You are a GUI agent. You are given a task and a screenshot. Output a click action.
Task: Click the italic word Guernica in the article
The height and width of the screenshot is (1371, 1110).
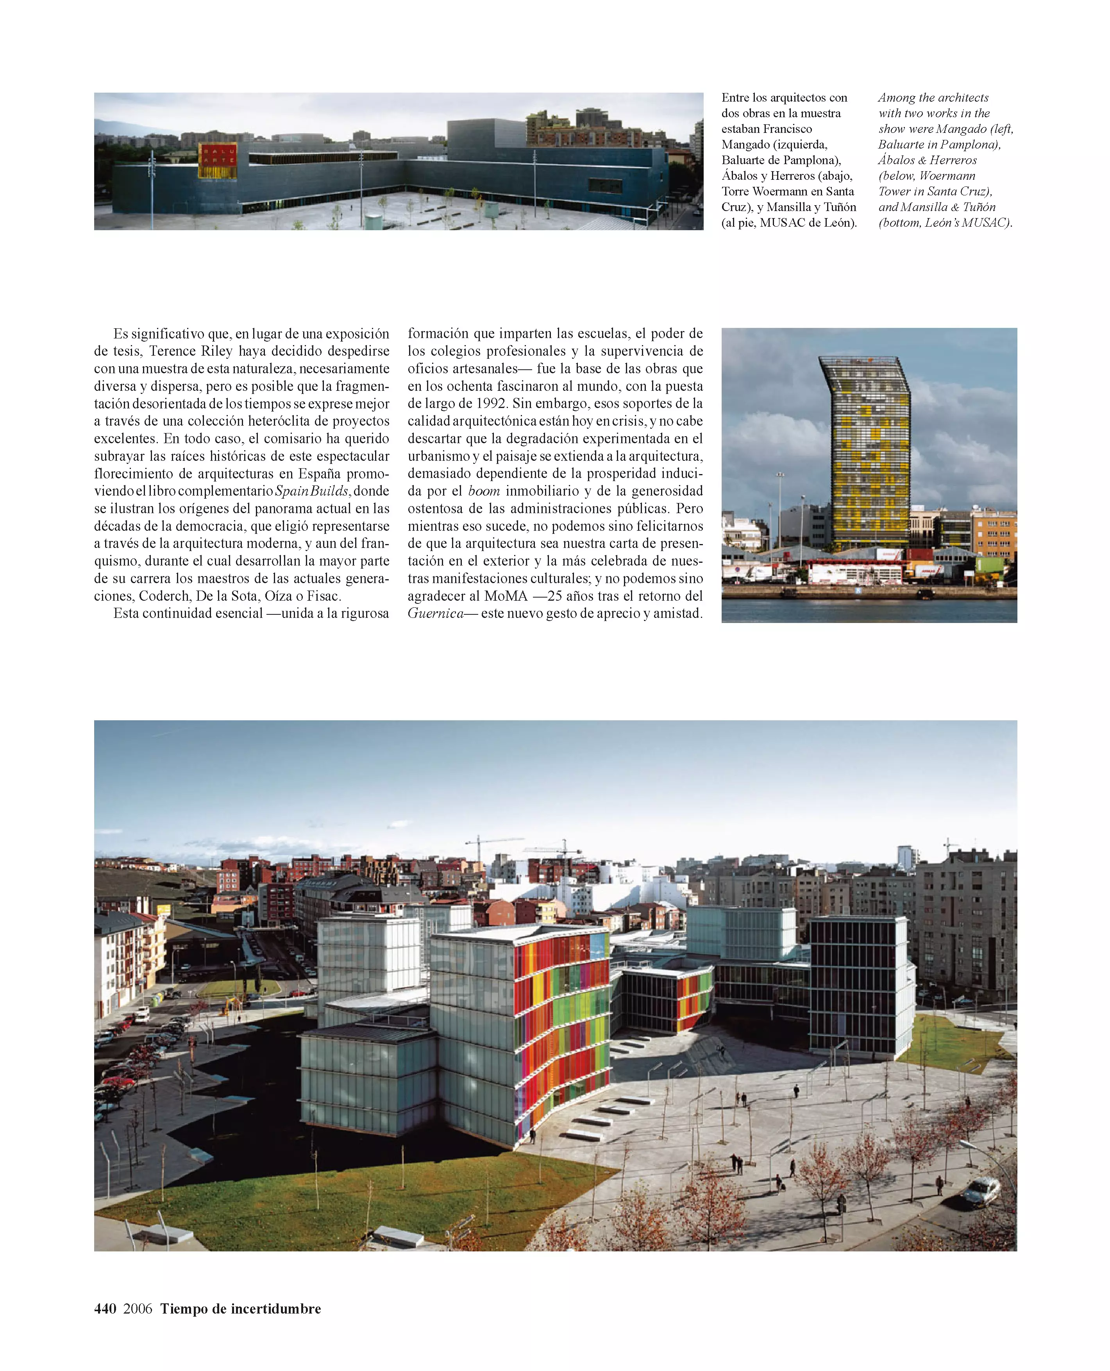435,613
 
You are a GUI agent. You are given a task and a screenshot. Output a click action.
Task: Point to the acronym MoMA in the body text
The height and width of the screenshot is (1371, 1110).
506,596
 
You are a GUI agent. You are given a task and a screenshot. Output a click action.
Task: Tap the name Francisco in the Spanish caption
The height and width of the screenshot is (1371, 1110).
786,129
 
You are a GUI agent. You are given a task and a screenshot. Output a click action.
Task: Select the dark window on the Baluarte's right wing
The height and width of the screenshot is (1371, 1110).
605,185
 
